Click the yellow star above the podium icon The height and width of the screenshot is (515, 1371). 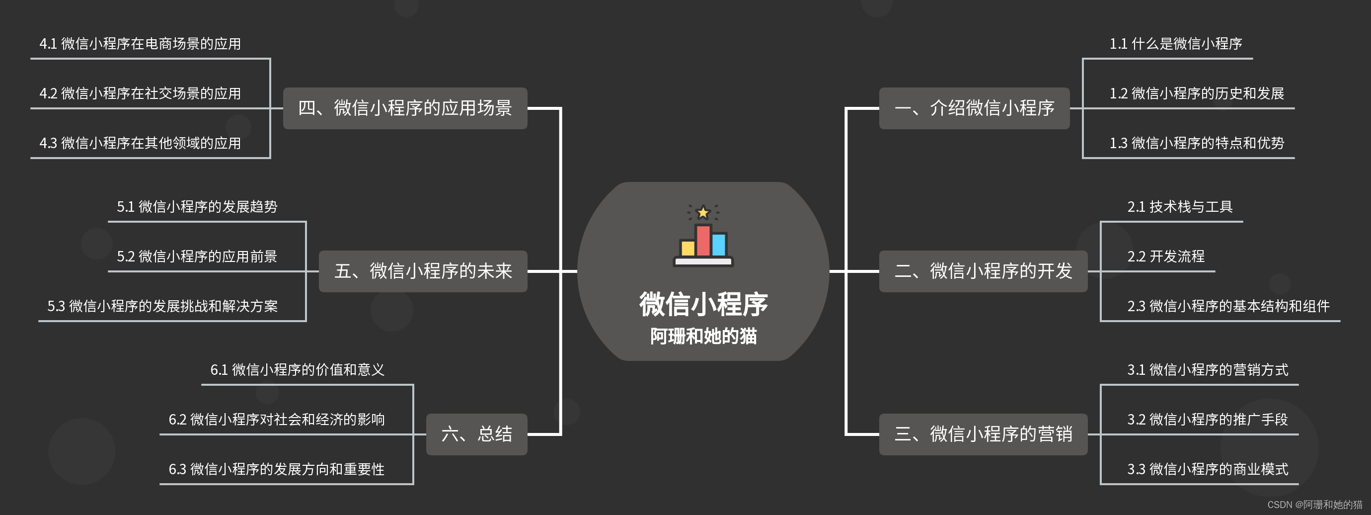[703, 212]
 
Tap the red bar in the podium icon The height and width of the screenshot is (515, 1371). [703, 241]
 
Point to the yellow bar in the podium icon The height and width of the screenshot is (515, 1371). [687, 248]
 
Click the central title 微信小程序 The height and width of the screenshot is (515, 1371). [703, 304]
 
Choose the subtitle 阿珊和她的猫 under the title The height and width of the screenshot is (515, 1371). [703, 336]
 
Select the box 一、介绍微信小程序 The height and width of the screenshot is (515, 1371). [974, 108]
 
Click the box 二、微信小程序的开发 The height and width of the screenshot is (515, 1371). [983, 271]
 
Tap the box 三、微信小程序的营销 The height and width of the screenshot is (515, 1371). [983, 434]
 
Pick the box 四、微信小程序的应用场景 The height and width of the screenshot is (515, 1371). [404, 108]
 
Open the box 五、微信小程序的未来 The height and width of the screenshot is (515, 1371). [423, 271]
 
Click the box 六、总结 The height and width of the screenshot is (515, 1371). [476, 434]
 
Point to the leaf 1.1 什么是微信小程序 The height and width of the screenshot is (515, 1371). [1175, 44]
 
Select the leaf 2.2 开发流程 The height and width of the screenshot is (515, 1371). [1165, 256]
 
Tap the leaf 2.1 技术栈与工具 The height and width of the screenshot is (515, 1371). [1179, 207]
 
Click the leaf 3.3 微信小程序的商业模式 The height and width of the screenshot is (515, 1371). [1207, 469]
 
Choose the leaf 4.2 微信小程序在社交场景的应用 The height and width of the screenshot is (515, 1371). [140, 93]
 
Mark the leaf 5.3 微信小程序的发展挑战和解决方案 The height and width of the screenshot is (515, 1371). [162, 306]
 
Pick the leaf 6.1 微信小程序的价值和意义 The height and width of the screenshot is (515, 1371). [297, 370]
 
